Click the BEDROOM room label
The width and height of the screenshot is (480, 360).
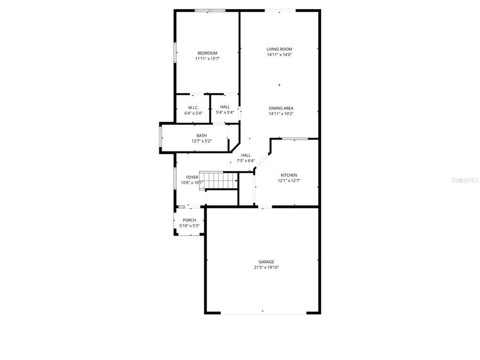click(x=207, y=53)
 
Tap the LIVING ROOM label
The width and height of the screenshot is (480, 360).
click(x=279, y=49)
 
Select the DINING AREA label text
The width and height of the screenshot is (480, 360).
click(x=281, y=108)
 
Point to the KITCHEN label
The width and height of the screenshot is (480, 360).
click(x=289, y=175)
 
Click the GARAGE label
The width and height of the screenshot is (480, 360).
click(x=267, y=262)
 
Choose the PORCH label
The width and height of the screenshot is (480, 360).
click(x=189, y=220)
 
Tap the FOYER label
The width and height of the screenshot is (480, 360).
click(x=192, y=177)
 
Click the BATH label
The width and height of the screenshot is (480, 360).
click(x=202, y=135)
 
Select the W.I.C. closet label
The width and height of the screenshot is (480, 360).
click(x=193, y=107)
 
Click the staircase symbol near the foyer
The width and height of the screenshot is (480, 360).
click(x=220, y=180)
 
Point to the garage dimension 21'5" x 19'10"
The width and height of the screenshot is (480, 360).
click(x=267, y=268)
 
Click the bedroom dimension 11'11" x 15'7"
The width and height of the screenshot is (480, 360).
click(x=207, y=59)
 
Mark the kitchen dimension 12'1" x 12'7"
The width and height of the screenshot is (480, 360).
click(x=289, y=181)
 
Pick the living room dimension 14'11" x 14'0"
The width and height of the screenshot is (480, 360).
click(x=279, y=55)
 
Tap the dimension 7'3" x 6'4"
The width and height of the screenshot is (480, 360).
click(x=246, y=161)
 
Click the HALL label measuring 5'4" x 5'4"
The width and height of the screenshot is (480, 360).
click(x=225, y=107)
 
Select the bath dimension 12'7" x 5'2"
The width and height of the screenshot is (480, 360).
click(x=202, y=141)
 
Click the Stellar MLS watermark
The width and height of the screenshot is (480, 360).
click(x=465, y=181)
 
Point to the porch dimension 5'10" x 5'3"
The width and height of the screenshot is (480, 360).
click(x=189, y=226)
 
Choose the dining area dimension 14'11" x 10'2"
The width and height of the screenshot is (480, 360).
click(x=281, y=114)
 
